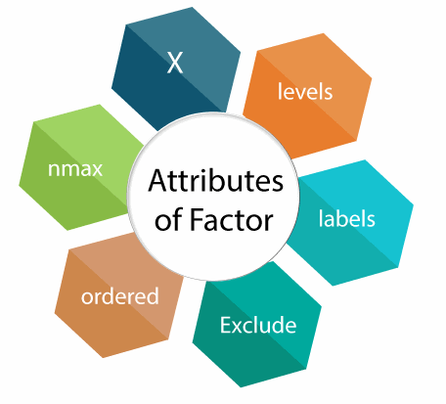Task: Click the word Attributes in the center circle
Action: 216,181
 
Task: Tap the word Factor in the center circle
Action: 231,219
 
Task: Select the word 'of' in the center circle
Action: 169,219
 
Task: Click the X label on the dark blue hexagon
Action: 175,63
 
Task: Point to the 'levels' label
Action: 305,91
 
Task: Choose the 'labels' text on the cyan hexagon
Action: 347,217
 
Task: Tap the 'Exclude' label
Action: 258,325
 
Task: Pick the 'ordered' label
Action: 120,295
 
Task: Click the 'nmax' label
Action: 75,169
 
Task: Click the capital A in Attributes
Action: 158,181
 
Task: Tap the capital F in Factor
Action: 197,219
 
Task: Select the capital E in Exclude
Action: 226,325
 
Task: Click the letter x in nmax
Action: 97,170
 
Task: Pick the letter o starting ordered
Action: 87,297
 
